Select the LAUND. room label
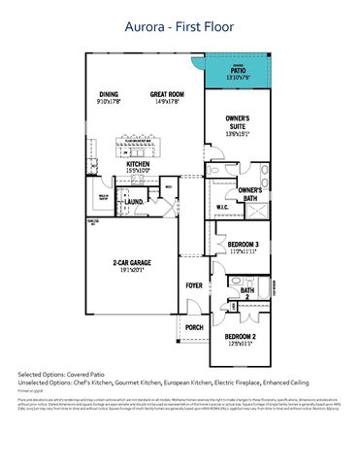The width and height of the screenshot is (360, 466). pos(133,202)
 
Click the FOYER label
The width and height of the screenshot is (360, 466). pos(194,284)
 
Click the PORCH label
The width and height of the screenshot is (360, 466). pos(194,327)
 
